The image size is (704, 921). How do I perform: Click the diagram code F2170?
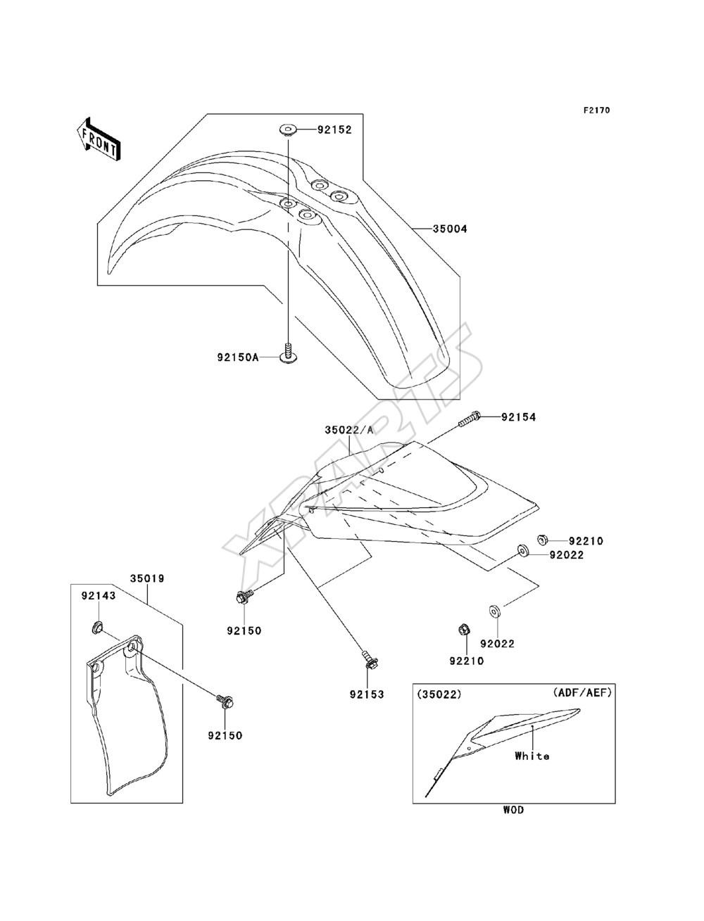(596, 110)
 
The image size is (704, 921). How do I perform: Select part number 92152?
(334, 130)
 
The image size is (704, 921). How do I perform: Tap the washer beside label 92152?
(288, 130)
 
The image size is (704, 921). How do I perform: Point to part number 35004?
(450, 229)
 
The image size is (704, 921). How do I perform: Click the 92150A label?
(238, 358)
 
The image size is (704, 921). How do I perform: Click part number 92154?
(518, 417)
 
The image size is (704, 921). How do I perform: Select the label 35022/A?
(348, 430)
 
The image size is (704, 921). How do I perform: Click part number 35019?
(147, 578)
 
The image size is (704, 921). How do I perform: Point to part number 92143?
(99, 596)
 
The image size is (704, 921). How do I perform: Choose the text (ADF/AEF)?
(582, 692)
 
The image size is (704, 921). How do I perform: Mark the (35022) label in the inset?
(439, 694)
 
